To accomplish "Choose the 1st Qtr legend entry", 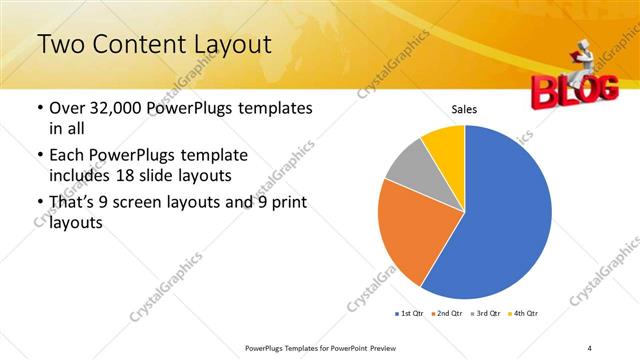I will (x=410, y=314).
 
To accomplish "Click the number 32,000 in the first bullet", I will (x=109, y=108).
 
